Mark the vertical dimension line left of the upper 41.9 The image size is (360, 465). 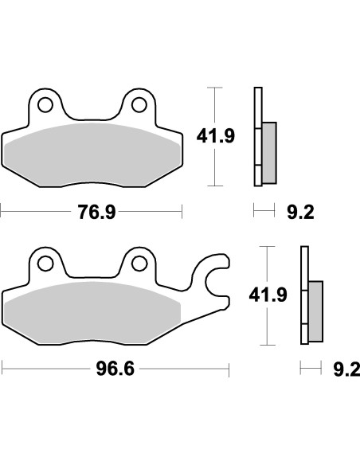point(213,104)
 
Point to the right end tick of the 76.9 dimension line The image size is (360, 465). point(182,212)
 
